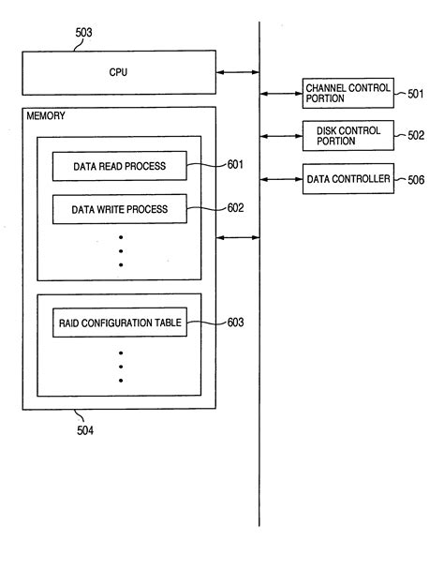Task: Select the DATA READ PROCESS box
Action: pyautogui.click(x=119, y=167)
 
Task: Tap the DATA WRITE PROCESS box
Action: pyautogui.click(x=119, y=209)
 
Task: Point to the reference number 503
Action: pyautogui.click(x=84, y=32)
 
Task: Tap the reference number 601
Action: pyautogui.click(x=234, y=165)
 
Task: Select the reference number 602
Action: pyautogui.click(x=234, y=208)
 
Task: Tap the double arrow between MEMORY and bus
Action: pyautogui.click(x=238, y=238)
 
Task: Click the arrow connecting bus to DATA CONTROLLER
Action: pyautogui.click(x=280, y=177)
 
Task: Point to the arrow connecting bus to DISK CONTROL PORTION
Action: pyautogui.click(x=280, y=136)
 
